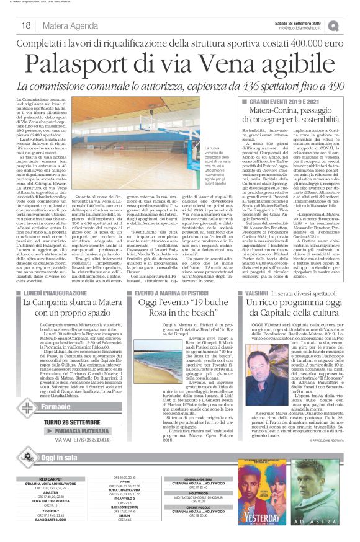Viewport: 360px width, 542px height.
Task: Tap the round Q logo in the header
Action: [x=351, y=25]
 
